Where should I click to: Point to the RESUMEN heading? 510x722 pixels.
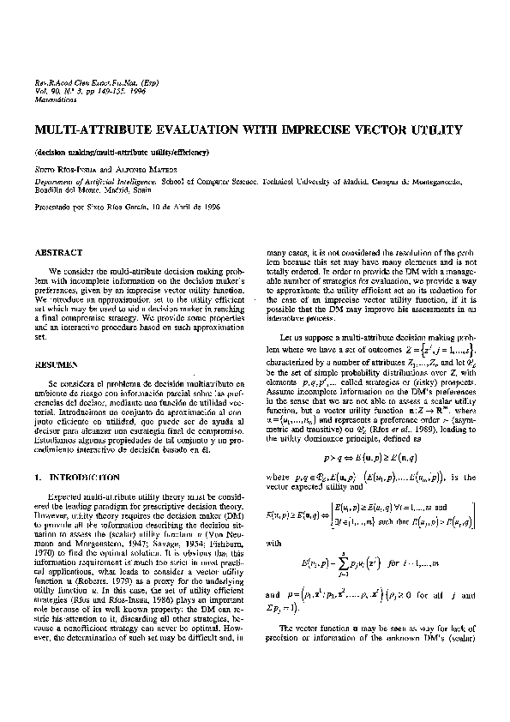[56, 364]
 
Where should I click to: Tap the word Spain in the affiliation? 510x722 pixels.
[129, 195]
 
